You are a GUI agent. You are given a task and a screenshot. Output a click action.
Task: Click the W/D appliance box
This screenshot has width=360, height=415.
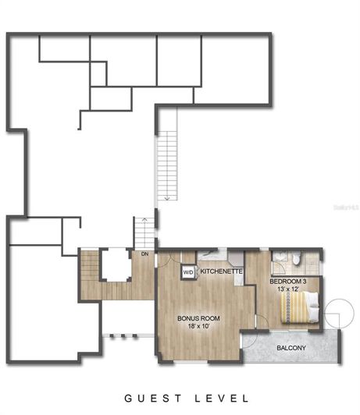[x=188, y=272]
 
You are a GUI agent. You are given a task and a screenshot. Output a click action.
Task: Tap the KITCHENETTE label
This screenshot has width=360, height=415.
[x=222, y=271]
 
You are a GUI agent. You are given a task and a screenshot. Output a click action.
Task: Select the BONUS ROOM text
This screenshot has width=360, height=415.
[x=198, y=318]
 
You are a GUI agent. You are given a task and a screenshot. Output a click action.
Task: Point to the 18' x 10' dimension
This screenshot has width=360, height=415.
[x=198, y=327]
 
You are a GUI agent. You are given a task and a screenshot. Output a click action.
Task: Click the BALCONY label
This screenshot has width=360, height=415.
[x=290, y=348]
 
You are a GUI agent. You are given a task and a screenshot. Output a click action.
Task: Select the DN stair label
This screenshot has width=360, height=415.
[x=144, y=254]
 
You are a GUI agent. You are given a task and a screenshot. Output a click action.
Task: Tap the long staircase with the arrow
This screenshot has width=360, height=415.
[x=167, y=164]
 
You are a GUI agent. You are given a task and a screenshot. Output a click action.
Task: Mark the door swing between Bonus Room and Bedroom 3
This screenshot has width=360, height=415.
[x=260, y=319]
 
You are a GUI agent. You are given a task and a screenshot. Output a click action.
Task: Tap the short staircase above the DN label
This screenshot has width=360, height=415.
[x=143, y=232]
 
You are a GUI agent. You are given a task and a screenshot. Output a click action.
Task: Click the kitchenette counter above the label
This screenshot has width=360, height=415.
[x=213, y=256]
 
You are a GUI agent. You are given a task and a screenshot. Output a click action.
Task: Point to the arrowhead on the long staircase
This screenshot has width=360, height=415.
[x=167, y=201]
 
